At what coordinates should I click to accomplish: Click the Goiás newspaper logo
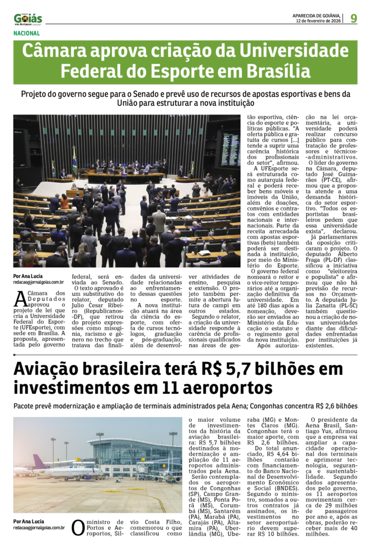(28, 19)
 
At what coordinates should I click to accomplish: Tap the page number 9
(353, 18)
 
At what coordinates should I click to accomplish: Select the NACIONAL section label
(27, 33)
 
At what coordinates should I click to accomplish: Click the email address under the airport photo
(39, 528)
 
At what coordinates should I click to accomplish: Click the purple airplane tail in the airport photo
(39, 461)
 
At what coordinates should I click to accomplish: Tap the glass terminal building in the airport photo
(132, 451)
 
